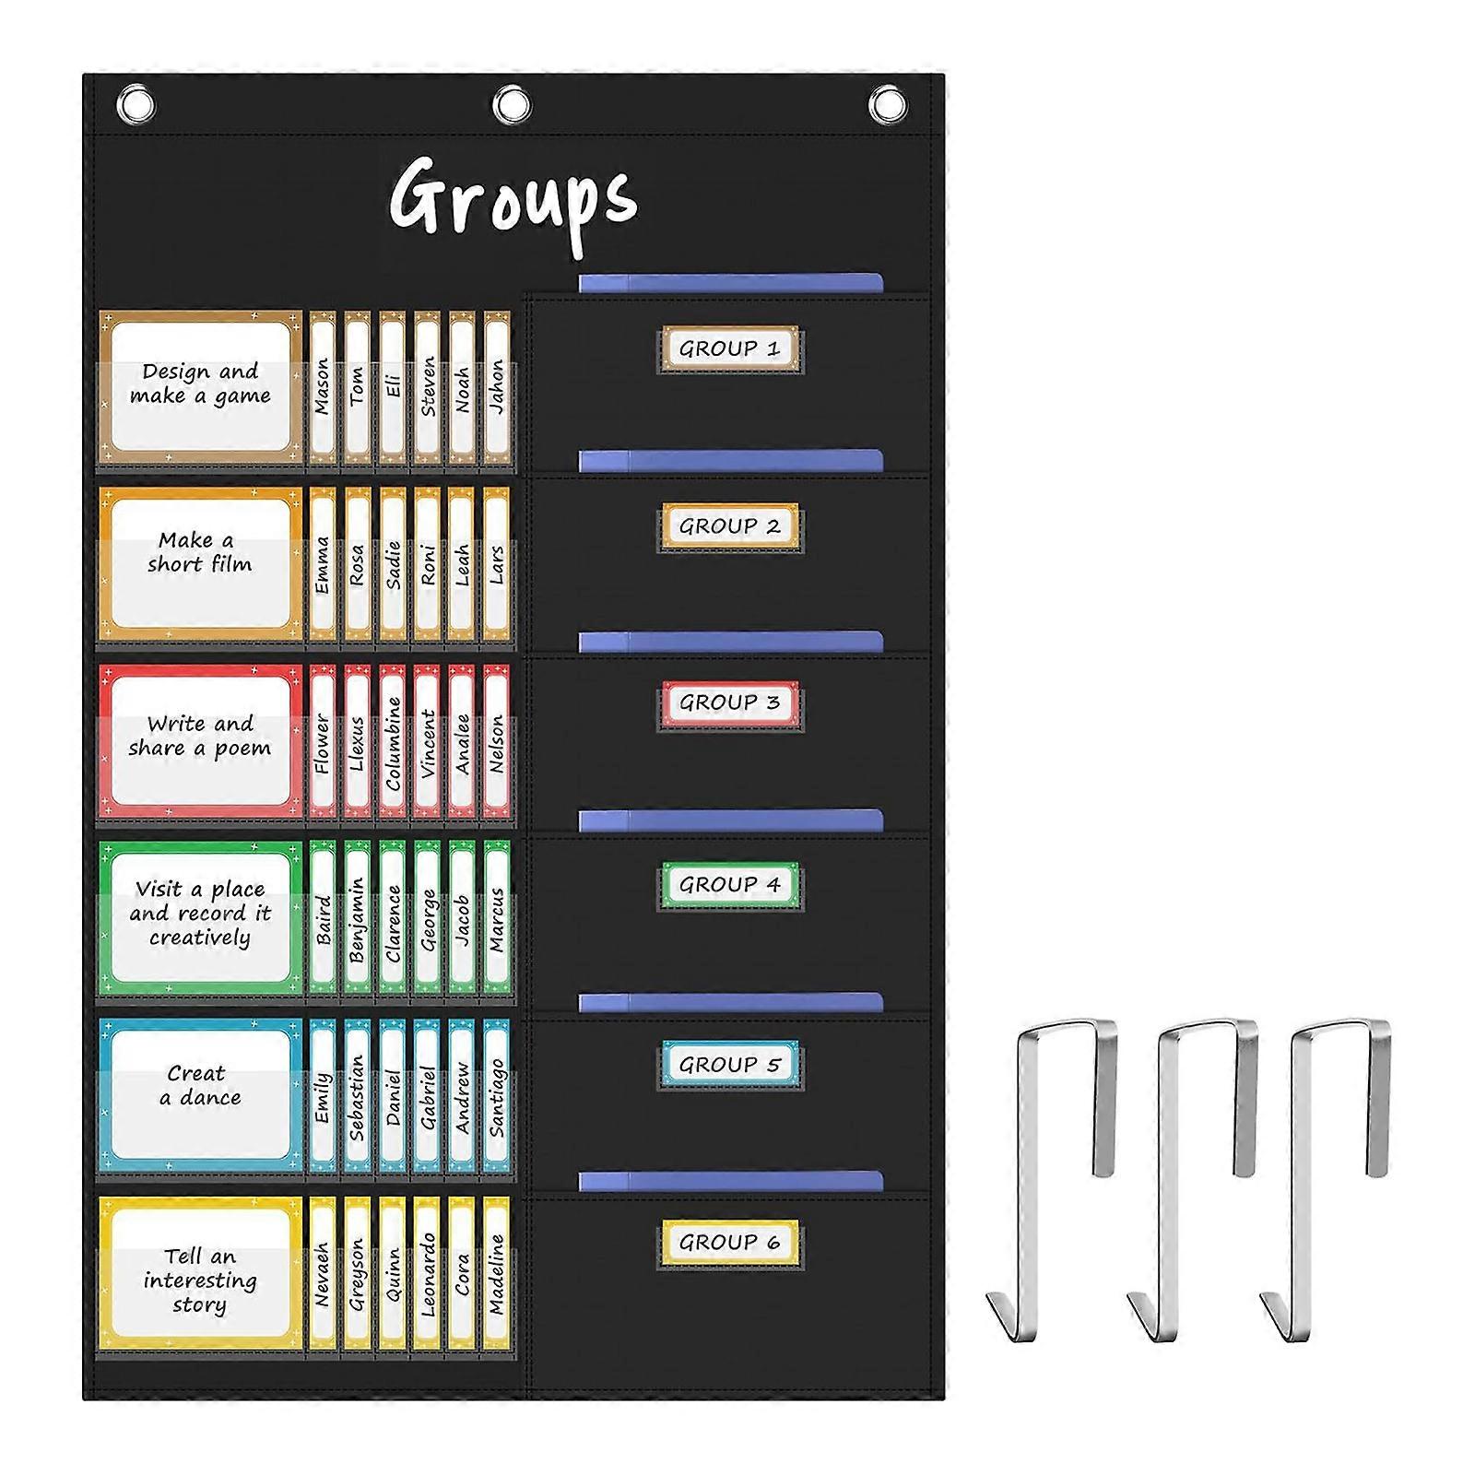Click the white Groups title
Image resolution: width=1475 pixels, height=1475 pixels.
point(513,203)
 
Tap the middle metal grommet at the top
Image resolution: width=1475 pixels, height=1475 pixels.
point(512,104)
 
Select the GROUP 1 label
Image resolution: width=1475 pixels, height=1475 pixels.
point(729,349)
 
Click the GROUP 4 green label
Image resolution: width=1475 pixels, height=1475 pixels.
point(729,885)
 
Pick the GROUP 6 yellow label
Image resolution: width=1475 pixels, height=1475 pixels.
point(729,1243)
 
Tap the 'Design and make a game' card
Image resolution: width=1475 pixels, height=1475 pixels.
point(201,387)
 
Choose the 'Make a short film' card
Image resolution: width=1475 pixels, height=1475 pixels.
point(201,564)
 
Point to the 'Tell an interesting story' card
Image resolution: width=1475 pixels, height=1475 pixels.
point(201,1274)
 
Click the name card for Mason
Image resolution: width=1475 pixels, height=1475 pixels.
point(322,387)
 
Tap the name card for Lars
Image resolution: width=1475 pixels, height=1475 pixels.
point(497,564)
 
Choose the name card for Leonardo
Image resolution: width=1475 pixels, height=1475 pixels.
point(427,1274)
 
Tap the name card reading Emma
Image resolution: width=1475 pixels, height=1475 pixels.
point(322,564)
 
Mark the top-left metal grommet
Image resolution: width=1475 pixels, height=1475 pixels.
point(136,104)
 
